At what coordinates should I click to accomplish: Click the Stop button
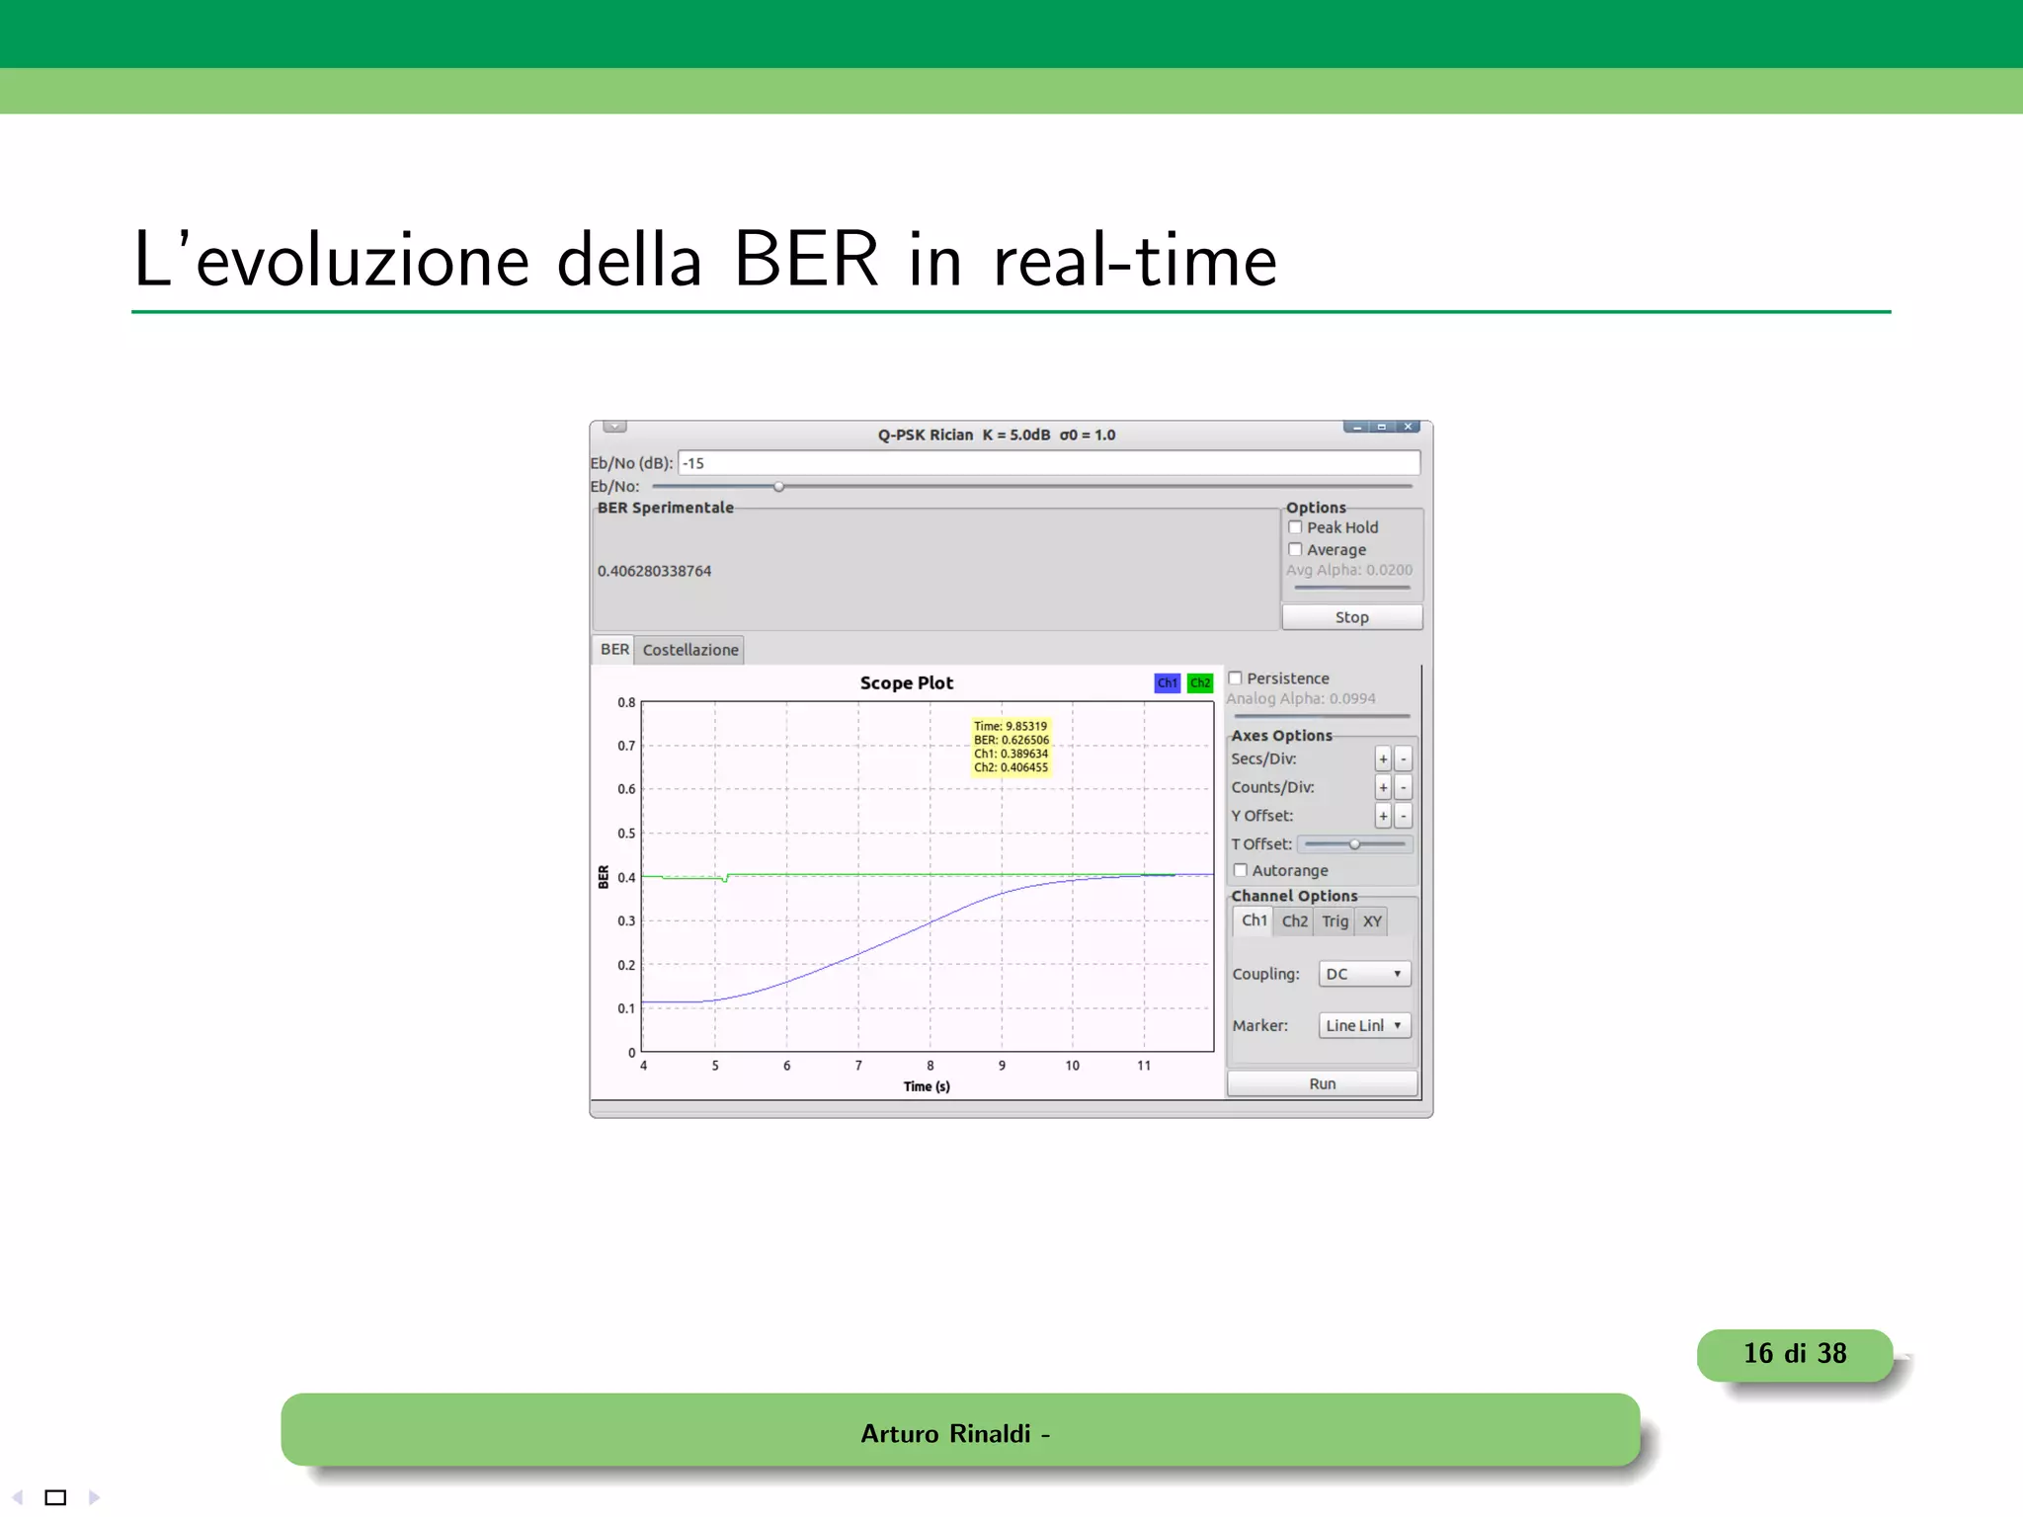(x=1351, y=617)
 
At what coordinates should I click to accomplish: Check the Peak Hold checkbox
(x=1295, y=527)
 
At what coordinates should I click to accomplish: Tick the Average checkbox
(x=1295, y=549)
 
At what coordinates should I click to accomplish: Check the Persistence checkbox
(x=1235, y=679)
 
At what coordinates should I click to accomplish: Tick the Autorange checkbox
(x=1241, y=870)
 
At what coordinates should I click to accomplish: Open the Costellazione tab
(x=689, y=650)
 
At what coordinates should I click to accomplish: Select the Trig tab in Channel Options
(x=1335, y=921)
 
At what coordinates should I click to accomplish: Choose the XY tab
(x=1372, y=921)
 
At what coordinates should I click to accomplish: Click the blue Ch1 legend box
(x=1167, y=682)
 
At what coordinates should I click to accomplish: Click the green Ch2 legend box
(x=1200, y=682)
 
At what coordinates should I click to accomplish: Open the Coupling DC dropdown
(x=1364, y=974)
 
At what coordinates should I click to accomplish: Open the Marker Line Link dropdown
(x=1364, y=1025)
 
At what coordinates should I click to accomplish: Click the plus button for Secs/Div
(x=1383, y=758)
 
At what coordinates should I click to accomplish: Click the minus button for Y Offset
(x=1404, y=816)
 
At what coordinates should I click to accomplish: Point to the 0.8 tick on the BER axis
(x=626, y=702)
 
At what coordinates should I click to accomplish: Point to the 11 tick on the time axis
(x=1144, y=1066)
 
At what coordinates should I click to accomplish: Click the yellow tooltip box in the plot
(x=1011, y=747)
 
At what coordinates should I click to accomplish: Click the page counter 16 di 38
(x=1794, y=1354)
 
